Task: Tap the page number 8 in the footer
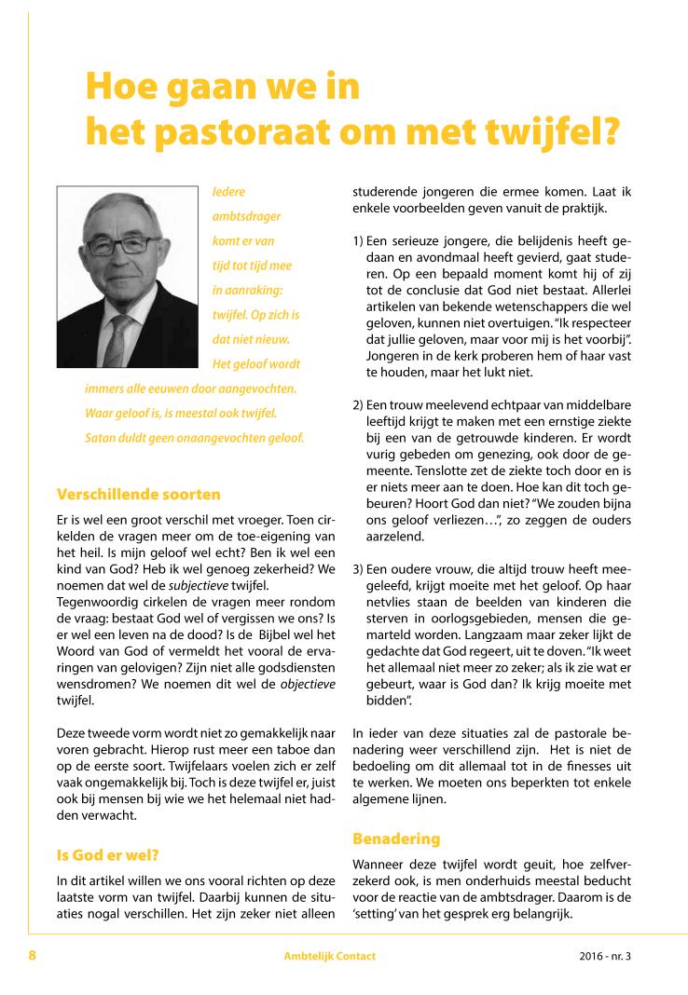(32, 956)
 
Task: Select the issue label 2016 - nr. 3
(604, 957)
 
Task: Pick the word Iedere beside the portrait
(228, 193)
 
